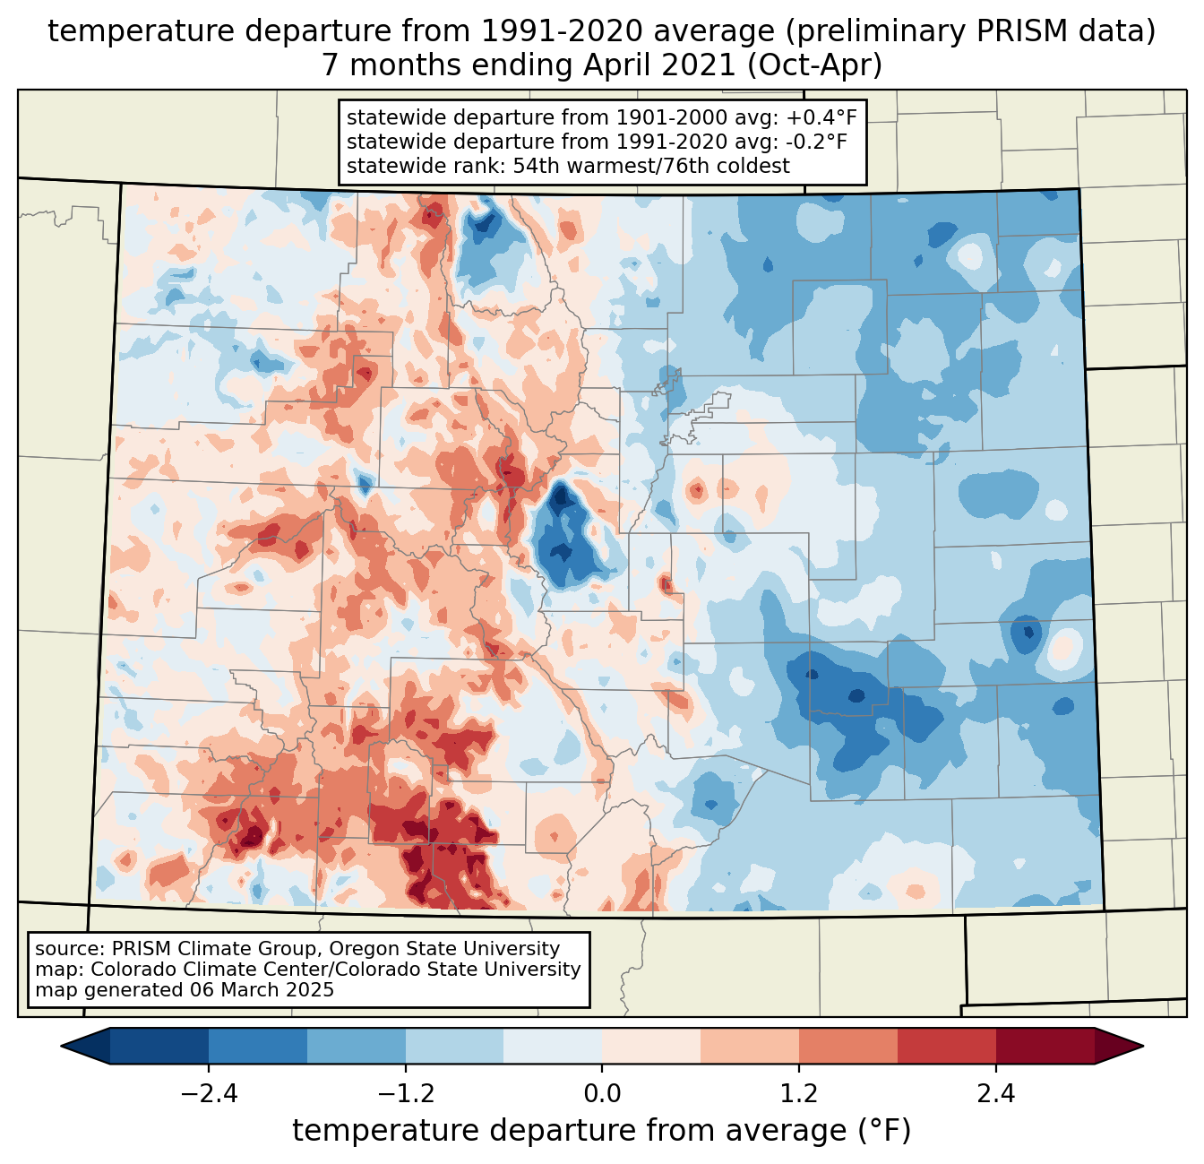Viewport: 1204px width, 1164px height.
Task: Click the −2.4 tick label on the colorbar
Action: (x=208, y=1094)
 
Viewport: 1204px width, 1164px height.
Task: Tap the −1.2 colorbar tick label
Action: (x=405, y=1094)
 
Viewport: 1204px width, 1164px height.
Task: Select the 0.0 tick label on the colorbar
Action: (x=602, y=1094)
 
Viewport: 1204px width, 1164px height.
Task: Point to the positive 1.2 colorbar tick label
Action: (x=799, y=1094)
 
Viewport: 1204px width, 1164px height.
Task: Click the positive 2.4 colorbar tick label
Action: (x=996, y=1094)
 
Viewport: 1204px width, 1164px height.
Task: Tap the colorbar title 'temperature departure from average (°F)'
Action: (x=601, y=1131)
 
